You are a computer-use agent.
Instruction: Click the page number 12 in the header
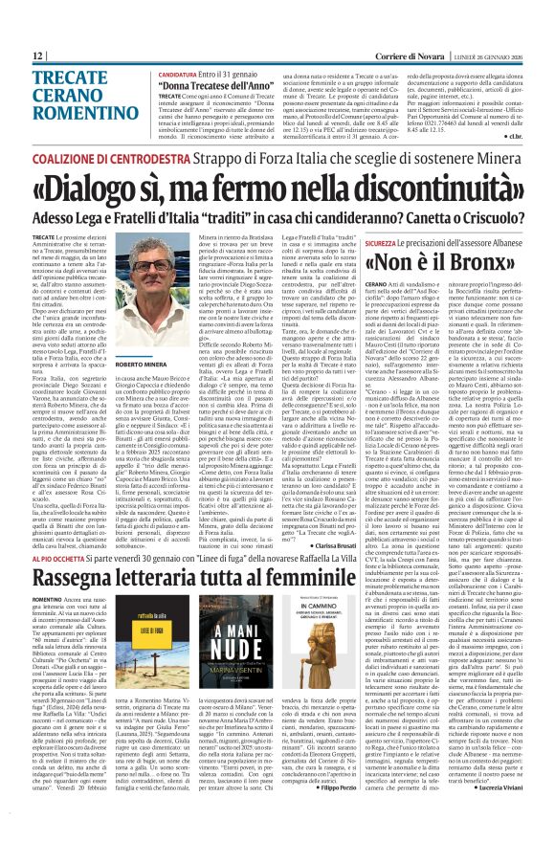tap(36, 56)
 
